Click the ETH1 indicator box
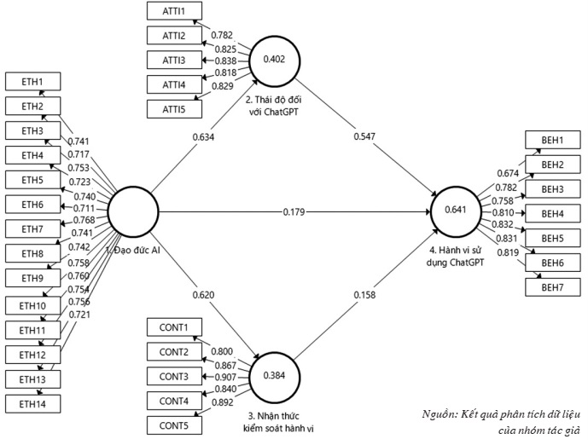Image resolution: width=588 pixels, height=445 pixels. point(31,83)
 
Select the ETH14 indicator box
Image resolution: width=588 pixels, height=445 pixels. point(31,403)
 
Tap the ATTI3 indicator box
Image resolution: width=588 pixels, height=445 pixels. point(171,60)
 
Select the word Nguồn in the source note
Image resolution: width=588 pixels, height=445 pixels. point(440,414)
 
